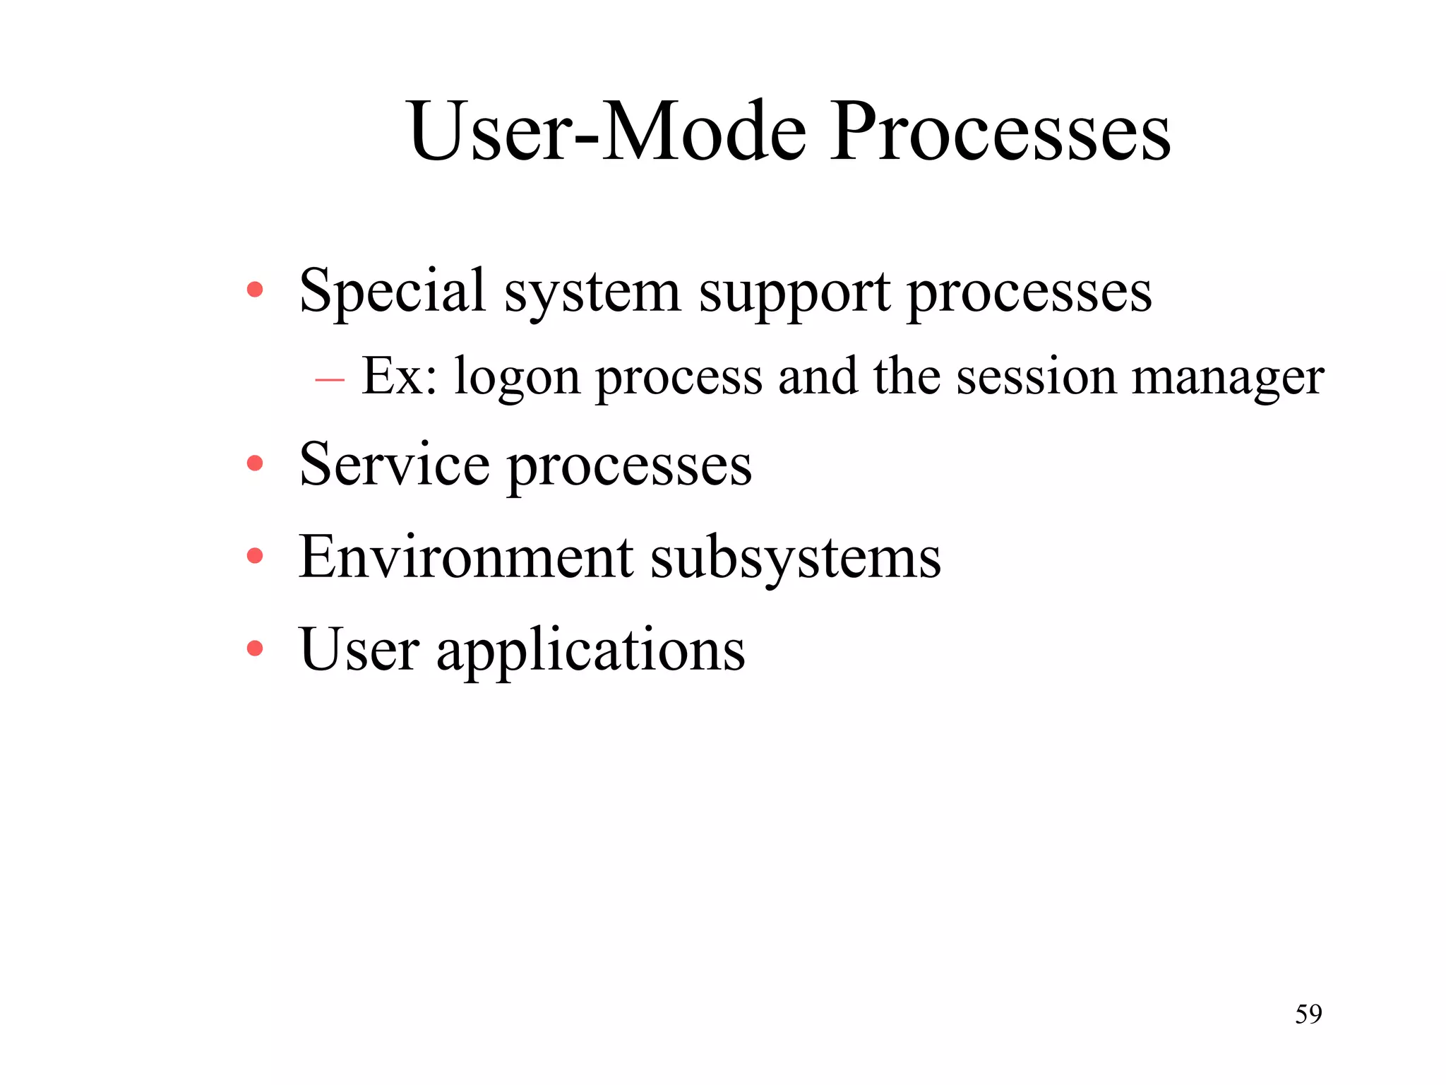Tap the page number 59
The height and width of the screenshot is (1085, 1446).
[1308, 1014]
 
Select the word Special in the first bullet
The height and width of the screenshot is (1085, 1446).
[393, 290]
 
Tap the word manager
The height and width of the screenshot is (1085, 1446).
[1228, 378]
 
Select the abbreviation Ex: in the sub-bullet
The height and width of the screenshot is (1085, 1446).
[399, 376]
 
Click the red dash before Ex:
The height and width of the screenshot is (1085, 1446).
[330, 381]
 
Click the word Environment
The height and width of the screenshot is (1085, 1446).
[466, 557]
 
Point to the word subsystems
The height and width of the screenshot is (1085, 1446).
[796, 559]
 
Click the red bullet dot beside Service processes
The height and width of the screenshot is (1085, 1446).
[255, 464]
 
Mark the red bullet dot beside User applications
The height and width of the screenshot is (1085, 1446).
[255, 648]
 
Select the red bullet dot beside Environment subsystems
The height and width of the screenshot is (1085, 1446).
[255, 557]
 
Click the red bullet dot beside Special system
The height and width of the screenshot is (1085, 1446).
[255, 289]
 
